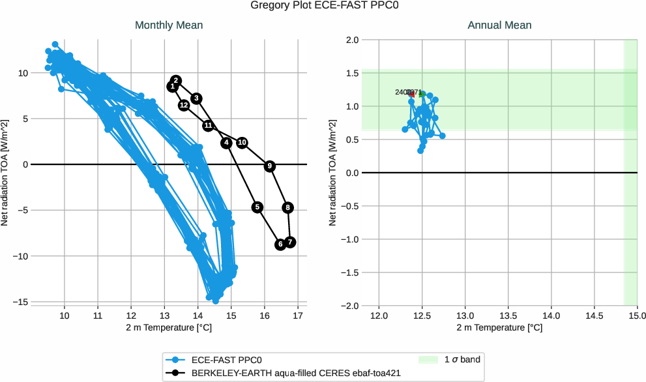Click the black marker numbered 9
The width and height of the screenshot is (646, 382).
[270, 166]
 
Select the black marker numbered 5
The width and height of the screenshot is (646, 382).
[257, 207]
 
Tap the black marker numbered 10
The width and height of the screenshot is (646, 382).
[242, 142]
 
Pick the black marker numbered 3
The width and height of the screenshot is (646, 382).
[196, 98]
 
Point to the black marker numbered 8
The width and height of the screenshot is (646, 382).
[288, 207]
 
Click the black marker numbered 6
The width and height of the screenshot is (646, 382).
[280, 244]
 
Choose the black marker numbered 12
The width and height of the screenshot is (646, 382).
[184, 105]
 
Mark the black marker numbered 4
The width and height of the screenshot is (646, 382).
[226, 143]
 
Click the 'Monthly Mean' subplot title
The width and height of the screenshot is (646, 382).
[168, 25]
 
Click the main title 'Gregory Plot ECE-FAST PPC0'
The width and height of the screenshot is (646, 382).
[323, 6]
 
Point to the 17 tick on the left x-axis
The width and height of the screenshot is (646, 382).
[297, 315]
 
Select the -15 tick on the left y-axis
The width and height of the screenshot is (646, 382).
[22, 302]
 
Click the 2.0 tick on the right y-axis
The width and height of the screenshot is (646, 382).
[351, 40]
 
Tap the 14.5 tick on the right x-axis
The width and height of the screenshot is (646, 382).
[594, 315]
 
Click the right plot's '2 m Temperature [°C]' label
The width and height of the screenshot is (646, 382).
[499, 327]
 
